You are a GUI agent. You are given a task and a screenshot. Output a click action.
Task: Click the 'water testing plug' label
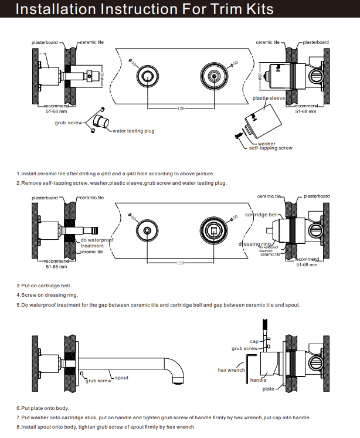coord(133,131)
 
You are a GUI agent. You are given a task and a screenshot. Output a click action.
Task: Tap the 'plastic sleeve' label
coord(269,99)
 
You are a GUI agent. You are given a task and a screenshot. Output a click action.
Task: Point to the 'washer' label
coord(266,143)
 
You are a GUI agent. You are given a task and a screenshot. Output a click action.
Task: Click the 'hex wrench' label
coord(231,370)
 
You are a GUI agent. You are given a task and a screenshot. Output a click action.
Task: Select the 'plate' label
coord(269,389)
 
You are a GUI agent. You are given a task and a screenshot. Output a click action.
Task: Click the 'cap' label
coord(254,341)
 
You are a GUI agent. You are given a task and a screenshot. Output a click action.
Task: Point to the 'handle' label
coord(259,380)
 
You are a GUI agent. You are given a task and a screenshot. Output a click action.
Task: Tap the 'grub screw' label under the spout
coord(98,381)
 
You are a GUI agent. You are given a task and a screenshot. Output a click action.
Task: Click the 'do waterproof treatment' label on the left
coord(97,243)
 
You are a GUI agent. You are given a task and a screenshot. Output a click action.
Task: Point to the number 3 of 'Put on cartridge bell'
coord(18,285)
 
